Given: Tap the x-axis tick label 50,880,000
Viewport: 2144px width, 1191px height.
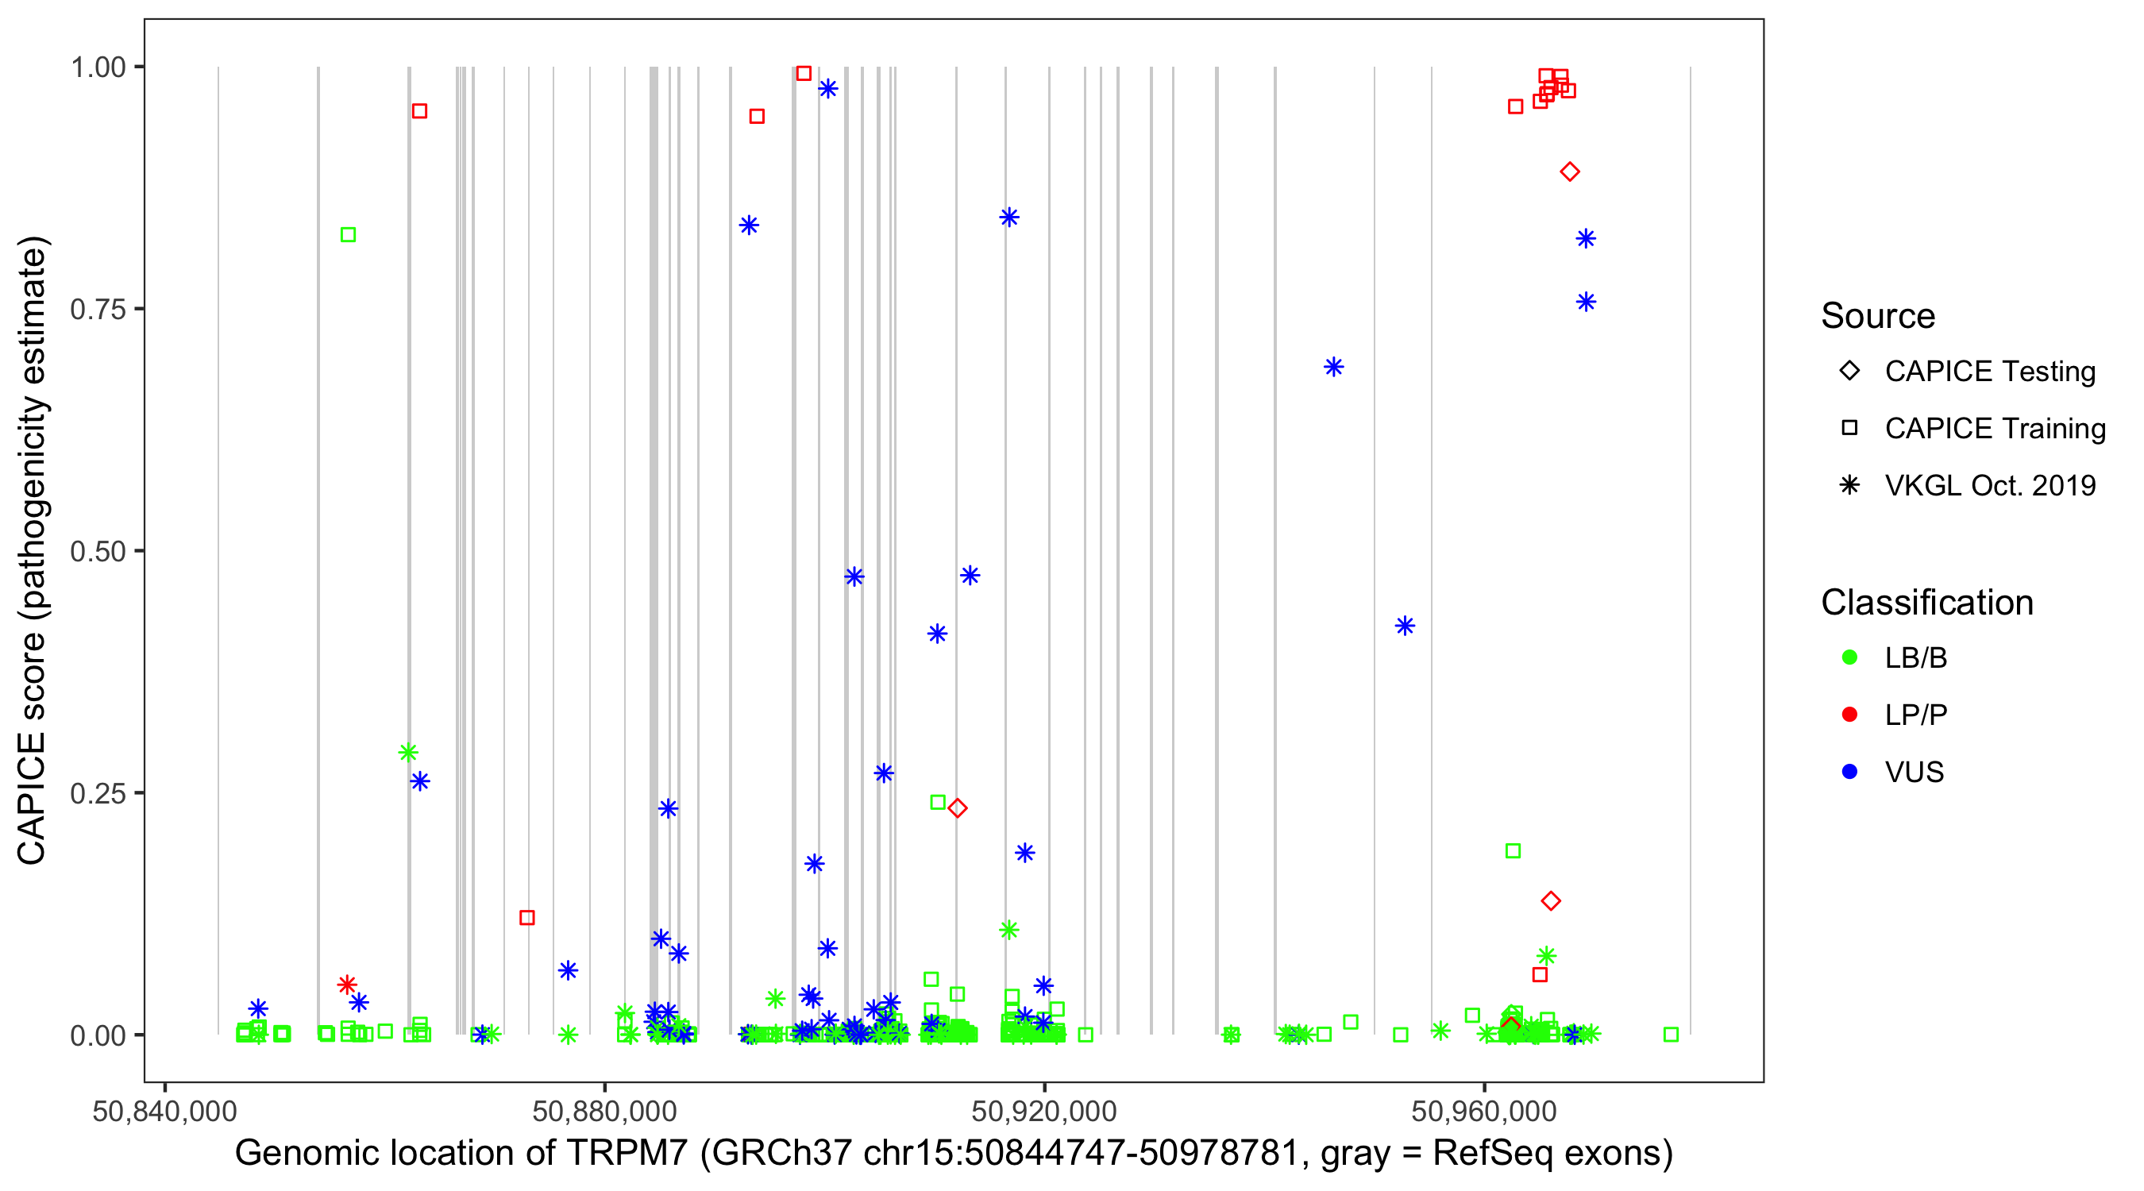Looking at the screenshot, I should click(604, 1111).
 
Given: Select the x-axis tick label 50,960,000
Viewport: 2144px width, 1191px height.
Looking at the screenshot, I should click(1484, 1111).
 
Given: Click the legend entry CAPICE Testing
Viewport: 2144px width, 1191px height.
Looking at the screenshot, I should click(1989, 372).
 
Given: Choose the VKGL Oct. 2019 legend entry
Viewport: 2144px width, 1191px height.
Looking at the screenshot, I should click(1989, 485).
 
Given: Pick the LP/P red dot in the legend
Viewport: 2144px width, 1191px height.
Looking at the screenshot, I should click(1849, 715).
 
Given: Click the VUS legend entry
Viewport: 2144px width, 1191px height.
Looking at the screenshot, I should click(1914, 773).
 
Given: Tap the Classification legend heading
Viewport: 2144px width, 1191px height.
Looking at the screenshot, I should click(1926, 603).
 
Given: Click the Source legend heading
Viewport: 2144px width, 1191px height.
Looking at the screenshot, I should click(1878, 316).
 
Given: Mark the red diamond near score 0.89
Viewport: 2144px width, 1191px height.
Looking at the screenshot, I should click(1570, 172).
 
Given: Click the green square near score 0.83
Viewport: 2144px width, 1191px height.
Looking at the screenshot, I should click(349, 236).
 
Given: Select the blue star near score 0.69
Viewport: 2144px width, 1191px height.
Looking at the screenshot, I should click(1333, 367).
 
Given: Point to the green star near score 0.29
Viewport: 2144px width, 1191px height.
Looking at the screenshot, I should click(408, 753).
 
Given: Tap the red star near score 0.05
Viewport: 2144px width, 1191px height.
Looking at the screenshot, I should click(347, 985).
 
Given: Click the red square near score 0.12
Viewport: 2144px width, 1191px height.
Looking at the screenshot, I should click(526, 917).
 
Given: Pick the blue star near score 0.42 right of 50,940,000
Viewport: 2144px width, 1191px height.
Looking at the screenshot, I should click(1405, 626).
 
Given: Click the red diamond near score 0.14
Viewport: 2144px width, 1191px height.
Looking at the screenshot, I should click(1551, 900).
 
